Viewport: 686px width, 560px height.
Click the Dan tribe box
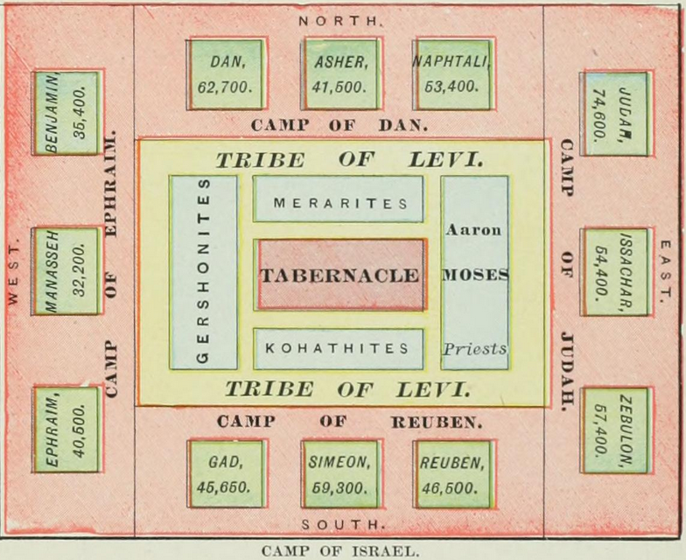(226, 74)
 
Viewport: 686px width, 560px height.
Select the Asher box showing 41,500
(339, 74)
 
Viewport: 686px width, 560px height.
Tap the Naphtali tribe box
(453, 74)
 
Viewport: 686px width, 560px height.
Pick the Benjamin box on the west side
(66, 113)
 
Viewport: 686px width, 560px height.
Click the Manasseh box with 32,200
(66, 271)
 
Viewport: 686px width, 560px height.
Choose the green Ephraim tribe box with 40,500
(66, 430)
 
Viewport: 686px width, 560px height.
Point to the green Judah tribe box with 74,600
(617, 113)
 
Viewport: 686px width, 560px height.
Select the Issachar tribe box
(617, 271)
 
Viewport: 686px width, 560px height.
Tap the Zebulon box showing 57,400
(617, 430)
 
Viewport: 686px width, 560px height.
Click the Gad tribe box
(226, 473)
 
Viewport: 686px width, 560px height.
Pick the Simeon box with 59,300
(339, 473)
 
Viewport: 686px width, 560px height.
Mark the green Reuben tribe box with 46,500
(453, 473)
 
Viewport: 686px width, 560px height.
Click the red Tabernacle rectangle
(339, 275)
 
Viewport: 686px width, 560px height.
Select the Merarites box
(339, 199)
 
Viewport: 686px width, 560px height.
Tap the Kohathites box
(339, 348)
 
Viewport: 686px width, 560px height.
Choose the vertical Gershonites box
(204, 272)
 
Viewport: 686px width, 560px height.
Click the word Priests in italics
(474, 348)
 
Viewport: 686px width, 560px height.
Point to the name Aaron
(473, 230)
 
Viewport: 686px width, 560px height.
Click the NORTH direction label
(339, 19)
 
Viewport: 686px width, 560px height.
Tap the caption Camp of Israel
(340, 551)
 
